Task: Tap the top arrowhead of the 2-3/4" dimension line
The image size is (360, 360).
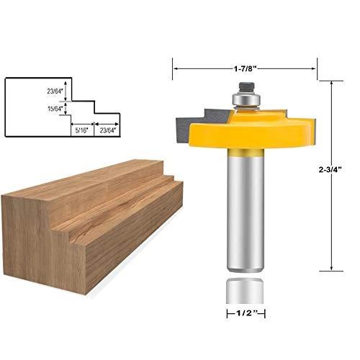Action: coord(331,83)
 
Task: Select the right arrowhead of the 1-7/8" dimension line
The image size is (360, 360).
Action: coord(314,69)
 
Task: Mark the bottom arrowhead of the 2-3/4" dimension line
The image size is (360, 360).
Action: coord(331,266)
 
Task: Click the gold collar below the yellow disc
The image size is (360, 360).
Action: coord(245,153)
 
